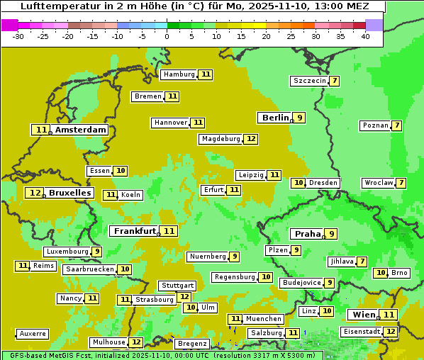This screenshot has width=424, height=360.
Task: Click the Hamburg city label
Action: [179, 74]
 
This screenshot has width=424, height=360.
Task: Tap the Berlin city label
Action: [275, 118]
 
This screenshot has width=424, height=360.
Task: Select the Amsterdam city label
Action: [81, 130]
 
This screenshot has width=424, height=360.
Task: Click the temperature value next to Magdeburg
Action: [251, 139]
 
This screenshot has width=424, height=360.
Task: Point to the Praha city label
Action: [308, 234]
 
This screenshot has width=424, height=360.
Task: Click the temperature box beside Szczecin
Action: [334, 81]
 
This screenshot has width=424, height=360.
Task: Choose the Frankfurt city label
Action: [135, 231]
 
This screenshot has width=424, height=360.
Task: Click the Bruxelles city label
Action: [70, 193]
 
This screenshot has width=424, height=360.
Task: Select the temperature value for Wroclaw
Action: [401, 183]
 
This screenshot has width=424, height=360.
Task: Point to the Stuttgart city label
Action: [177, 286]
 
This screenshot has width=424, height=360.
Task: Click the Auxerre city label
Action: [33, 334]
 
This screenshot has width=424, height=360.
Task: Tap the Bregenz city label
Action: [191, 344]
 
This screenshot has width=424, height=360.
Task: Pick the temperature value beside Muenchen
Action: [235, 319]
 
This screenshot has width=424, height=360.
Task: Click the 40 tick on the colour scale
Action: [365, 36]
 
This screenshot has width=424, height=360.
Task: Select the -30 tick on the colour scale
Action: [18, 36]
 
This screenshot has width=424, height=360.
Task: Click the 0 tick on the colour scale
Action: [167, 36]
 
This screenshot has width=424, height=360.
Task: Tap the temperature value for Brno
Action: [381, 273]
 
